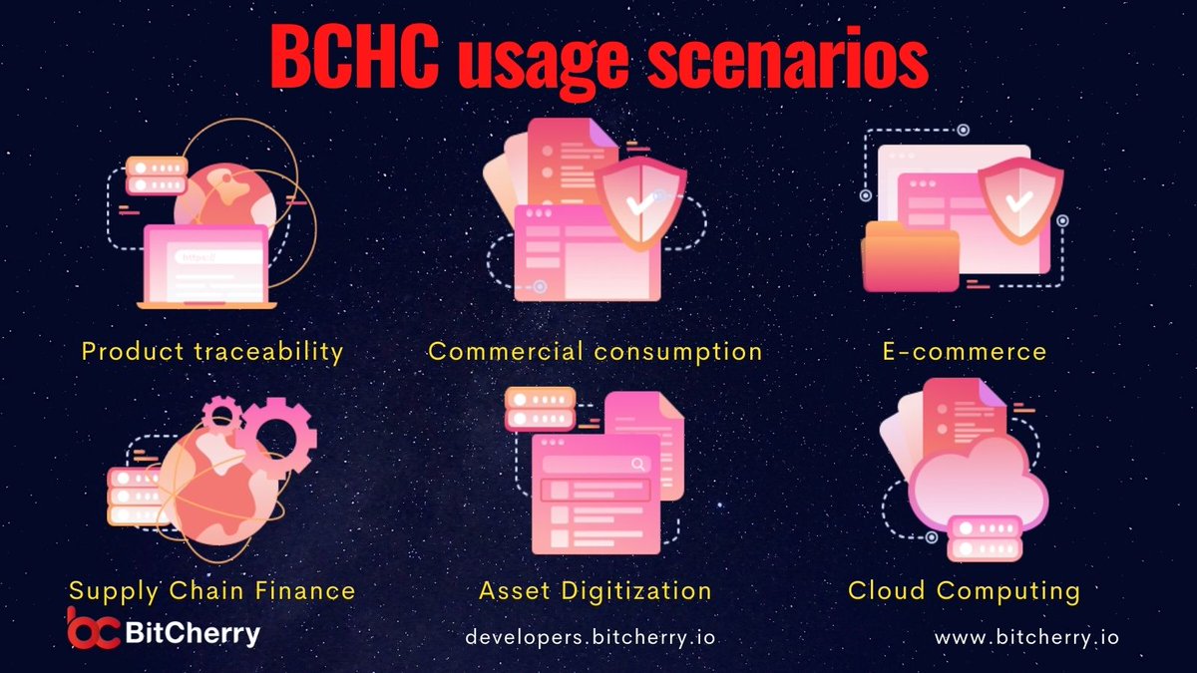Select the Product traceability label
click(x=212, y=351)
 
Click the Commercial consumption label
click(x=595, y=351)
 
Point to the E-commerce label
click(x=964, y=351)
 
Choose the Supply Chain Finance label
click(x=211, y=590)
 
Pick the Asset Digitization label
click(x=596, y=590)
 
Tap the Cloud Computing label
click(x=964, y=590)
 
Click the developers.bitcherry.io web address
click(x=592, y=636)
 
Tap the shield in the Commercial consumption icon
click(x=640, y=203)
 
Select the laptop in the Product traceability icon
click(x=207, y=266)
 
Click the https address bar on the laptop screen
click(x=219, y=256)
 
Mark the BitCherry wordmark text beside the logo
click(x=194, y=632)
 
